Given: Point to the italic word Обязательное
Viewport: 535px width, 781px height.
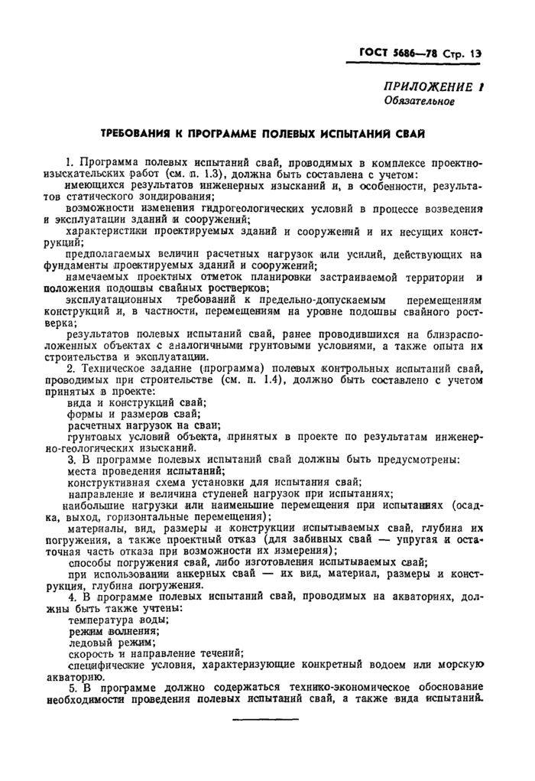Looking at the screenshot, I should [x=420, y=101].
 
